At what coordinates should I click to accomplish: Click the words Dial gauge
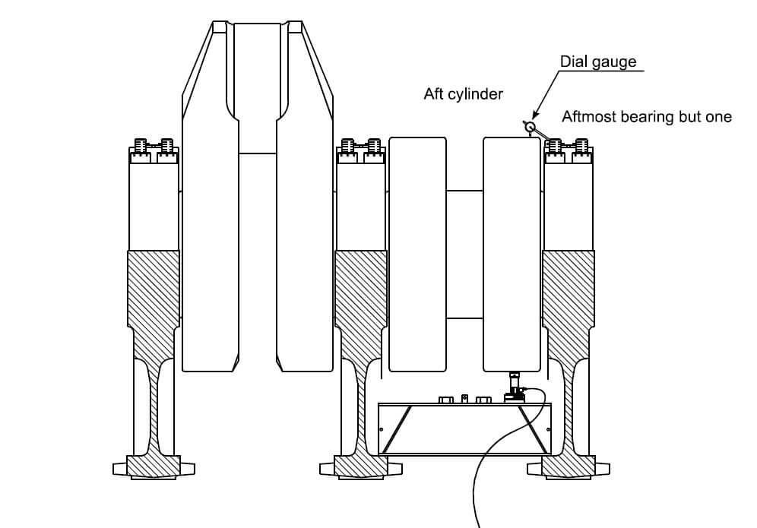click(x=598, y=62)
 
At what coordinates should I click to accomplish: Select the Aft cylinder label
click(x=463, y=95)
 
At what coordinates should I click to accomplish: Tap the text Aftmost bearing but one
click(x=646, y=116)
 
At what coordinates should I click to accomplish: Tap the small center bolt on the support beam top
click(x=465, y=398)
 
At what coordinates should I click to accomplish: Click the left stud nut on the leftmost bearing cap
click(x=141, y=145)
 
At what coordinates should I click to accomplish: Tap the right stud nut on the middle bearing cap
click(x=373, y=145)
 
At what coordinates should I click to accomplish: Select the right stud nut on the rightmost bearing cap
click(x=581, y=145)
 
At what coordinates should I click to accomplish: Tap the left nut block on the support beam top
click(x=446, y=399)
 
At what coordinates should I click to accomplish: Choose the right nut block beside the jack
click(x=482, y=399)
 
